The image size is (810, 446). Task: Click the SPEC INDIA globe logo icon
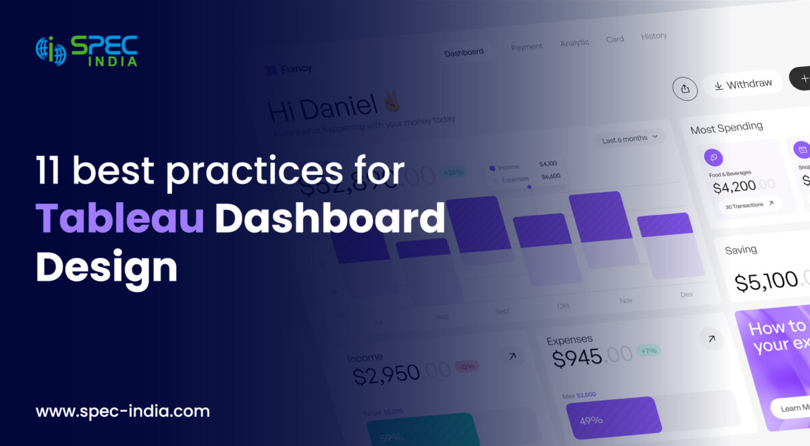click(51, 51)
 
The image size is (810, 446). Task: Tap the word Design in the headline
click(106, 267)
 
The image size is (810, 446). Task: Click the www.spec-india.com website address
click(122, 411)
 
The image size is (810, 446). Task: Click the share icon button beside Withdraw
click(684, 89)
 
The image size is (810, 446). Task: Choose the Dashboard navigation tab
click(464, 53)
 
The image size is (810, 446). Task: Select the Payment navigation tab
click(526, 47)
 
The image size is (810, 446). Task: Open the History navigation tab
click(653, 36)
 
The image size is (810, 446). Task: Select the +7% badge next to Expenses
click(648, 351)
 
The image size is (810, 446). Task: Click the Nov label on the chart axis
click(626, 300)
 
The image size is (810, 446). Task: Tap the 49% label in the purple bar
click(591, 420)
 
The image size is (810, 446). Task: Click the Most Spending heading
click(726, 127)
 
